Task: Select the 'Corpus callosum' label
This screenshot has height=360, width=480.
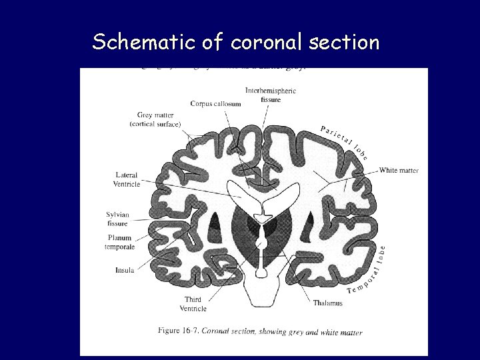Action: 215,104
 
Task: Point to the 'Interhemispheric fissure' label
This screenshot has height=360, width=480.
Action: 271,95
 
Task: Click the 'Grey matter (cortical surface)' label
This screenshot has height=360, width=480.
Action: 155,120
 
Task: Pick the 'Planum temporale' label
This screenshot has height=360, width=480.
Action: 119,243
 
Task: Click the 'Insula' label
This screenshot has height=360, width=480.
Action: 125,270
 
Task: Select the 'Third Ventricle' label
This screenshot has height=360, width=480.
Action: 193,304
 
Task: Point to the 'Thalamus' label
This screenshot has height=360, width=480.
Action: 327,303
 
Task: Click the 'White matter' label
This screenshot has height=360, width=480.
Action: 399,171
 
